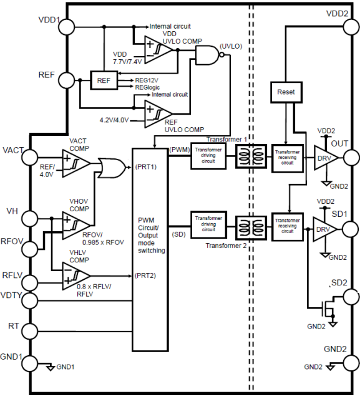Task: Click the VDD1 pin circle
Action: click(67, 27)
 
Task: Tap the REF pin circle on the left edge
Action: click(67, 80)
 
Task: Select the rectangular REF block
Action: click(104, 80)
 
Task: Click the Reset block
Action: click(286, 92)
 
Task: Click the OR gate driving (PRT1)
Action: click(112, 168)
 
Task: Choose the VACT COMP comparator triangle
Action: click(76, 163)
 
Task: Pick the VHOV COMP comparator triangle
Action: click(76, 225)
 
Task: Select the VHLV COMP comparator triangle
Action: click(76, 275)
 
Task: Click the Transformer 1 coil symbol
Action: click(251, 156)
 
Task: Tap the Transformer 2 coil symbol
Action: click(251, 227)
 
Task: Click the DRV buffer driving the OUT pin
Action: click(326, 158)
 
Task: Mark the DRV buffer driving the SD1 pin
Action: click(325, 229)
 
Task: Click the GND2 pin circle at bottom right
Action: click(351, 363)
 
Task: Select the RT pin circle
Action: click(30, 331)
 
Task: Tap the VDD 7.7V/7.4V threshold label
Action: click(127, 58)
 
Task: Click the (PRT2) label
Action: click(145, 275)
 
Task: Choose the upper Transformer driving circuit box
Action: click(208, 155)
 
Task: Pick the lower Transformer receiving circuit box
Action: click(288, 227)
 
